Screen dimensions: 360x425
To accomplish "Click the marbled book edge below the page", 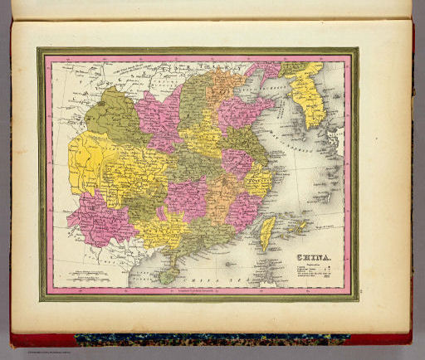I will (x=208, y=338).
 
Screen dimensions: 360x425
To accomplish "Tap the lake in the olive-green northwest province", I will (x=108, y=112).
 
